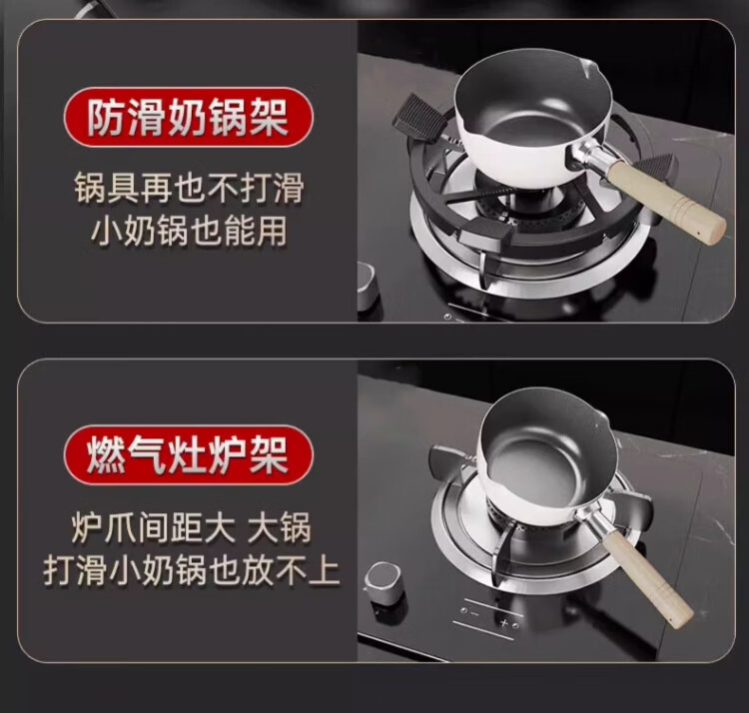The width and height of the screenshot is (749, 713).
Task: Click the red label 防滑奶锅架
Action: click(x=188, y=117)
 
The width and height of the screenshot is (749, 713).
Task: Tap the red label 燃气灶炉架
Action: click(x=188, y=455)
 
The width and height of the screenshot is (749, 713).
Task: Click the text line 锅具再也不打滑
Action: click(x=189, y=189)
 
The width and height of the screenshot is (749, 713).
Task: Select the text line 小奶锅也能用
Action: click(x=189, y=231)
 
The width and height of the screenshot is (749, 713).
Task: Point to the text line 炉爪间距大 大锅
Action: click(x=191, y=527)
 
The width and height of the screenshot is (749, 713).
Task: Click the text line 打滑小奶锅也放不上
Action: click(x=191, y=570)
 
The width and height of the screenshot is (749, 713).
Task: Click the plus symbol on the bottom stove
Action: click(x=503, y=622)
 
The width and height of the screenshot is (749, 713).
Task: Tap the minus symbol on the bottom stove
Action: click(x=474, y=613)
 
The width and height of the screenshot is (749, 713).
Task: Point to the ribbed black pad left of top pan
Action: click(x=419, y=118)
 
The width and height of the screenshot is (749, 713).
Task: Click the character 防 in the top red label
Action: click(x=105, y=118)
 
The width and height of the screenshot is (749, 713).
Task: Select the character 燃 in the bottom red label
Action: click(x=105, y=455)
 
